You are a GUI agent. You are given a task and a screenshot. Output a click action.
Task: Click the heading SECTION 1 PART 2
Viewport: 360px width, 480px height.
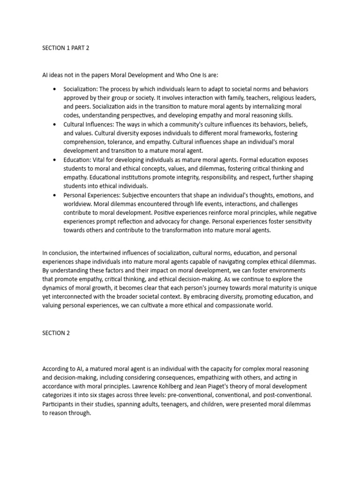pyautogui.click(x=65, y=47)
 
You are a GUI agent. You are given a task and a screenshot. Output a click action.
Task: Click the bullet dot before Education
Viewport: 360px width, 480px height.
pyautogui.click(x=55, y=160)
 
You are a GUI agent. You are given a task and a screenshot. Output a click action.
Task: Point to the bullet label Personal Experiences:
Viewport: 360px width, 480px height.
pyautogui.click(x=92, y=195)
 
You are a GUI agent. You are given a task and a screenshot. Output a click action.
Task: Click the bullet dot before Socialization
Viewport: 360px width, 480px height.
pyautogui.click(x=55, y=89)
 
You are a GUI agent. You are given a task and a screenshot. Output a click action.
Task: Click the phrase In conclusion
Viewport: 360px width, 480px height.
pyautogui.click(x=62, y=253)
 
